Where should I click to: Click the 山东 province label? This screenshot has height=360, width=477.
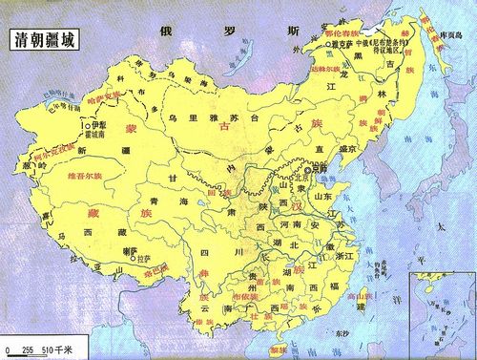coord(324,197)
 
